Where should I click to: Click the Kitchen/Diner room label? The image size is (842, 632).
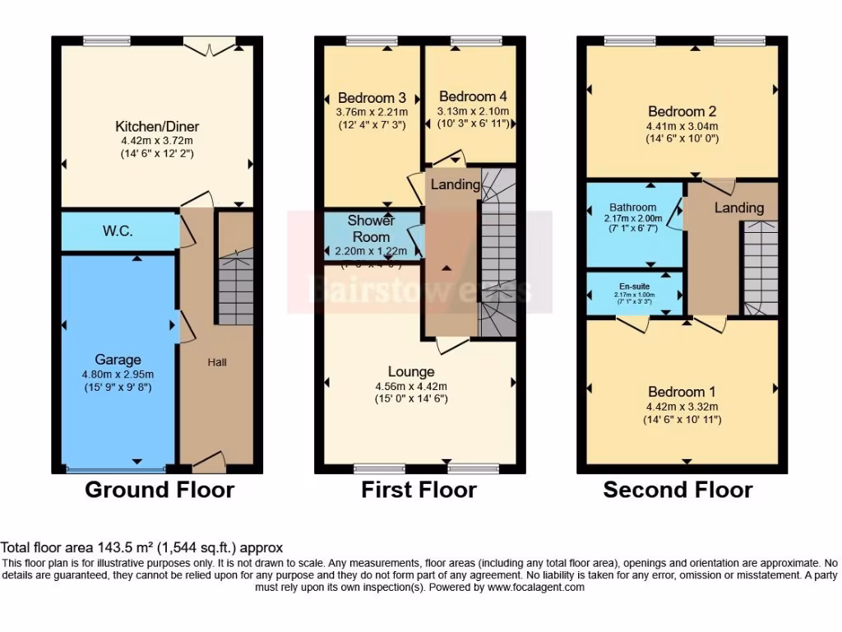click(157, 127)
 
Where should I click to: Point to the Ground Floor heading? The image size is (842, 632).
click(160, 490)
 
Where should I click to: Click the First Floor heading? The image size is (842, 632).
click(419, 490)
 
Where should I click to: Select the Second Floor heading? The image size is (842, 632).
click(678, 490)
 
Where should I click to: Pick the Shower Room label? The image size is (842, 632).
click(371, 228)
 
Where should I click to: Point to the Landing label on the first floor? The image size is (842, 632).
click(455, 184)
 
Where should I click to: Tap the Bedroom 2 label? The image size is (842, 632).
click(682, 112)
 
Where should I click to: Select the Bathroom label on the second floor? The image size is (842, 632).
click(632, 207)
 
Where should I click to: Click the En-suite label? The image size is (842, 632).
click(632, 286)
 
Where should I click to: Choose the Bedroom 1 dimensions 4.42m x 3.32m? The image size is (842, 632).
click(682, 407)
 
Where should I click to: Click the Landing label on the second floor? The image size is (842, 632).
click(738, 208)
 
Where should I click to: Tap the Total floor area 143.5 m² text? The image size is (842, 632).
click(141, 547)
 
